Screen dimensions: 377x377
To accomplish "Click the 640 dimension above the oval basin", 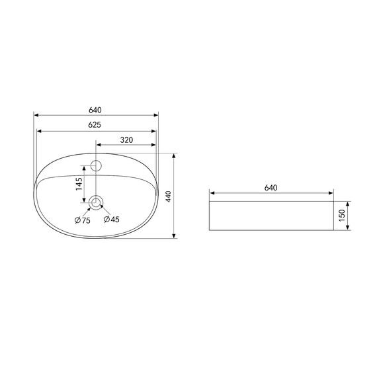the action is point(95,110).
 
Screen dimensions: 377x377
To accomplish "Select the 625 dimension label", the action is point(95,125).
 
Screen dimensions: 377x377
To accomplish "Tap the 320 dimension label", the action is point(126,140).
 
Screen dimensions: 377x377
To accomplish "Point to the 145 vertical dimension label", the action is point(79,184).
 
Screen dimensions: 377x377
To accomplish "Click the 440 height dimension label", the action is point(168,196).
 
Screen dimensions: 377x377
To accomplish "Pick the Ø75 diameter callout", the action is point(82,220).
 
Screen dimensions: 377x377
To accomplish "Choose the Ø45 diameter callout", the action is point(111,220).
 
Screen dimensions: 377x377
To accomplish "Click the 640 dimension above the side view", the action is point(271,188).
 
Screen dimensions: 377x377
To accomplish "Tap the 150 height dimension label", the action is point(342,216).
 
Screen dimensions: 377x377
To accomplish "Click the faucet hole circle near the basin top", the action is point(96,165).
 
